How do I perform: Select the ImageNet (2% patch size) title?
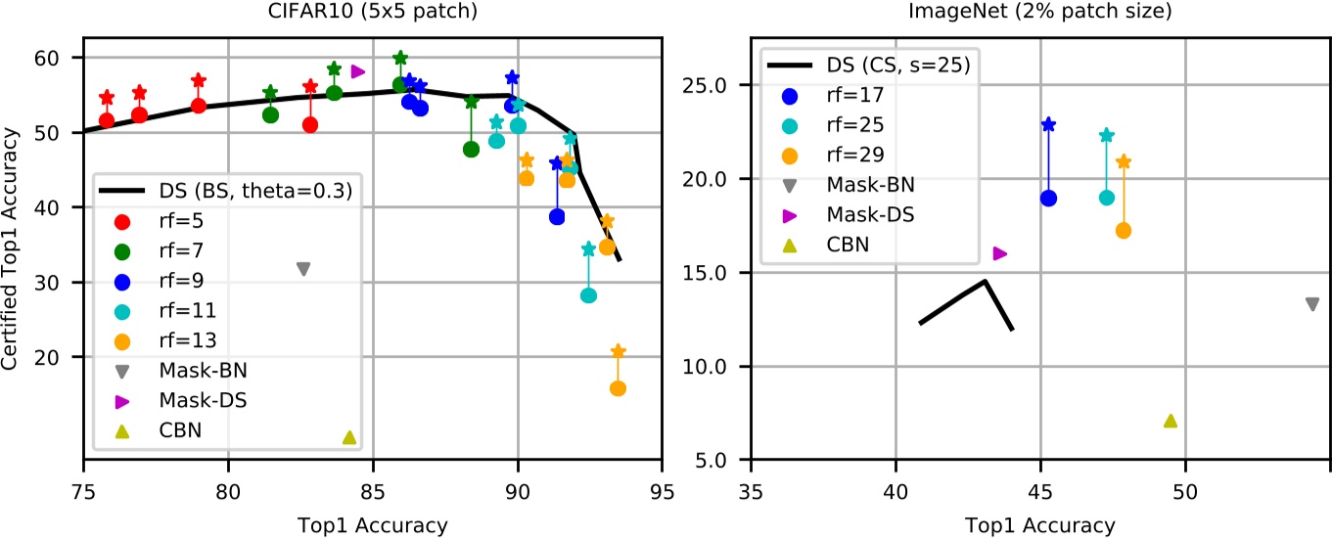click(1039, 15)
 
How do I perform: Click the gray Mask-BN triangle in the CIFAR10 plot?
click(303, 269)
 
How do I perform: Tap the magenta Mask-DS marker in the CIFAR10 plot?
click(358, 71)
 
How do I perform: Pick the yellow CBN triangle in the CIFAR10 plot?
click(349, 437)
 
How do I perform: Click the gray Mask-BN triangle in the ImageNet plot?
click(1311, 304)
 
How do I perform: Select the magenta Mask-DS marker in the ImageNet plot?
click(1000, 253)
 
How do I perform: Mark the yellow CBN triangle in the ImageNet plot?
click(1170, 421)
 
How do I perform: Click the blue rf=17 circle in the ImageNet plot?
click(1048, 198)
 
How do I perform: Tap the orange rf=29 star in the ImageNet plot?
click(1124, 161)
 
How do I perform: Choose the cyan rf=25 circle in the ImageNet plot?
click(1106, 198)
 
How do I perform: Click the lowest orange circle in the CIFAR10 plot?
click(618, 388)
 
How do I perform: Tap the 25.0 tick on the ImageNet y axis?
click(721, 85)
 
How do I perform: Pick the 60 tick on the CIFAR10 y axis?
click(62, 58)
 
